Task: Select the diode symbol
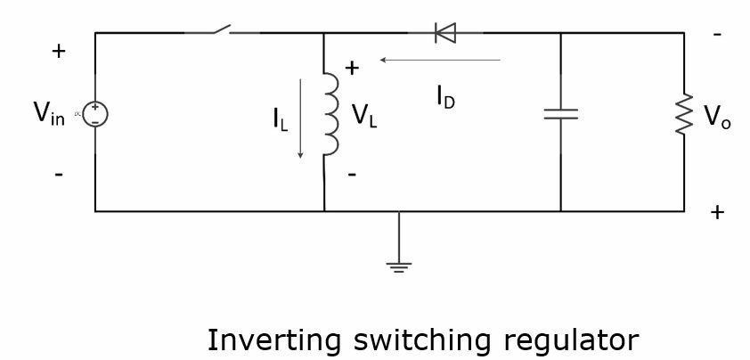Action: click(444, 33)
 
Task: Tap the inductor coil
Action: click(330, 114)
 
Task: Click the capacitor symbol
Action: click(560, 114)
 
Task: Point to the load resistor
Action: click(684, 115)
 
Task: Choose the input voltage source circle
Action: click(95, 114)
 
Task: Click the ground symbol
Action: click(398, 265)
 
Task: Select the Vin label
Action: click(49, 114)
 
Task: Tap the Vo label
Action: click(717, 117)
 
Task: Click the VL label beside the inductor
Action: click(364, 116)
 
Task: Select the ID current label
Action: click(445, 97)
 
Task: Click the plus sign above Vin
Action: click(59, 52)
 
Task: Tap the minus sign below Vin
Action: click(59, 175)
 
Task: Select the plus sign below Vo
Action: click(717, 212)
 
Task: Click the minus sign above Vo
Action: click(717, 35)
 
